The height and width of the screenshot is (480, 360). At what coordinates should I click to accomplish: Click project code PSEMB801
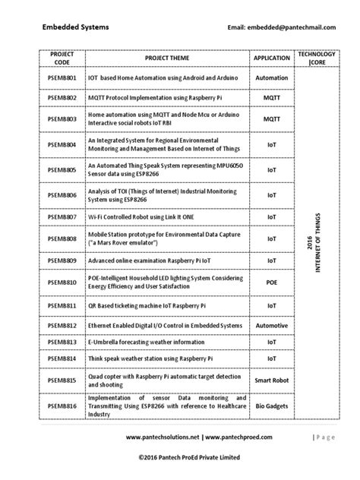62,78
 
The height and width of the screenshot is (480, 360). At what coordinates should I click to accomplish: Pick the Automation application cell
271,78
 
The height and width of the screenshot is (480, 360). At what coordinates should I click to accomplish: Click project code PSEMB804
62,144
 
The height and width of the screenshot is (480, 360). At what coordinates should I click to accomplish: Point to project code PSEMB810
62,283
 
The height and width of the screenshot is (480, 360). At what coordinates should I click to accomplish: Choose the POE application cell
271,283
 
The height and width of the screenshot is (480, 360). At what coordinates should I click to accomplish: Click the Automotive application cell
271,325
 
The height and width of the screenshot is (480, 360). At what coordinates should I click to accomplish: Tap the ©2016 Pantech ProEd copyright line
190,457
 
